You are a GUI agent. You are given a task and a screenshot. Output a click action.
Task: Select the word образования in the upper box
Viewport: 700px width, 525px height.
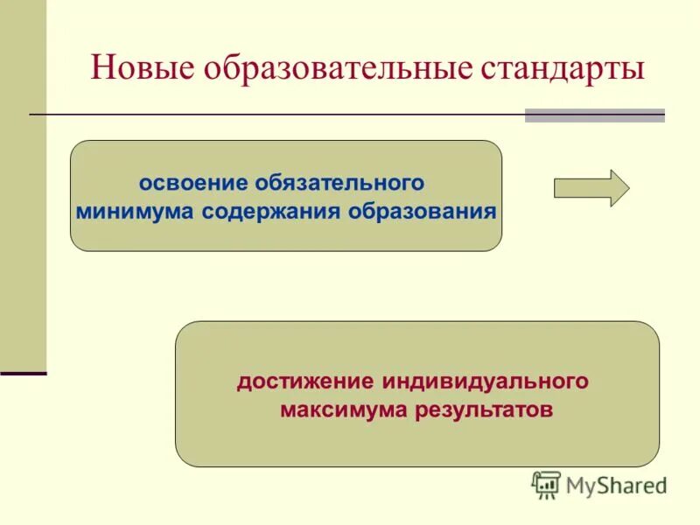[423, 211]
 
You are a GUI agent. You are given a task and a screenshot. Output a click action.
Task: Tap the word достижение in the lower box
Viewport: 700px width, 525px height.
[303, 381]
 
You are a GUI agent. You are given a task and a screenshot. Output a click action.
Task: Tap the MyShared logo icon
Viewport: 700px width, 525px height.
[546, 484]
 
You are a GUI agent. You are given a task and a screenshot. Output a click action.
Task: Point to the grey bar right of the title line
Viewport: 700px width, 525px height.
[594, 115]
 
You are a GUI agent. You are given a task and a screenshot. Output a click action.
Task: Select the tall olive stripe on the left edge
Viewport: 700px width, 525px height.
[23, 184]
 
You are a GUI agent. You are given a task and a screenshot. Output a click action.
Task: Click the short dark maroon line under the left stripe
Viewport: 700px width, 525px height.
[23, 374]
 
